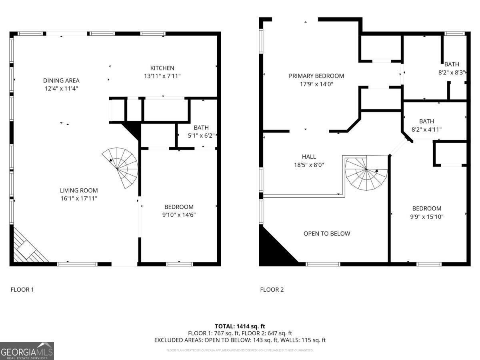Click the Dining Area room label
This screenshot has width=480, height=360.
click(x=61, y=80)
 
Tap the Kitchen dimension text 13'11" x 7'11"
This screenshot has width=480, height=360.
click(x=162, y=76)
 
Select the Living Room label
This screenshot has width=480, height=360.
click(x=79, y=190)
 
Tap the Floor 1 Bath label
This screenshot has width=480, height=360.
click(x=201, y=128)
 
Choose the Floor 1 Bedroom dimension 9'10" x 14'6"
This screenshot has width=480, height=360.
click(x=180, y=214)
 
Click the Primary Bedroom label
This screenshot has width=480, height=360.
click(x=316, y=76)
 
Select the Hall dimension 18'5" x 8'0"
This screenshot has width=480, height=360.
click(x=309, y=164)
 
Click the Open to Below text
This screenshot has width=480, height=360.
click(x=326, y=233)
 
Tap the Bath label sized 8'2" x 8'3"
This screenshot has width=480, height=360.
click(x=452, y=64)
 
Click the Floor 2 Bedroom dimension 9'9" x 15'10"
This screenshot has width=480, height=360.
click(x=427, y=216)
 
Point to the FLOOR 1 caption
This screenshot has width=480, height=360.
click(x=22, y=289)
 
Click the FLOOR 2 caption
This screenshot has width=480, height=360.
click(x=272, y=289)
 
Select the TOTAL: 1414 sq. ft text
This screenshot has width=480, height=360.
click(x=240, y=326)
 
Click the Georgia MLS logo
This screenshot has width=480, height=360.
click(x=27, y=351)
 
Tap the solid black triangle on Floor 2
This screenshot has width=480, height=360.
click(x=272, y=250)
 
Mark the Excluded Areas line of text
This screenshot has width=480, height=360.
click(x=240, y=340)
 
